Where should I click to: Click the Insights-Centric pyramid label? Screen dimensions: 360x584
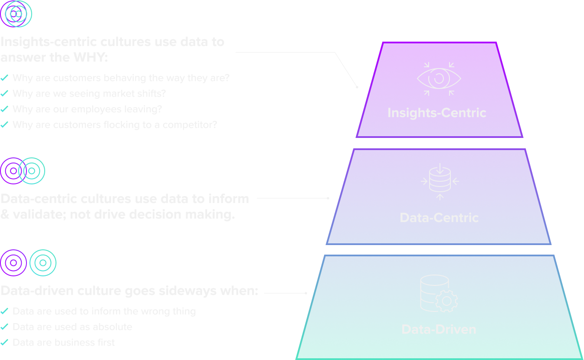pyautogui.click(x=437, y=113)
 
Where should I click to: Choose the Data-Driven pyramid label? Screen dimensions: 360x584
pyautogui.click(x=439, y=329)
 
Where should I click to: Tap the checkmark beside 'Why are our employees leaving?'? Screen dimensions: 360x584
pyautogui.click(x=4, y=109)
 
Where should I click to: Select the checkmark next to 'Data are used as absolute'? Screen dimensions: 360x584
pyautogui.click(x=4, y=327)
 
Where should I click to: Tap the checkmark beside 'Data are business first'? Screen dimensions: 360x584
pyautogui.click(x=4, y=343)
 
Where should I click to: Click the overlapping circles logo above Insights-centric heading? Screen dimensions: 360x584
pyautogui.click(x=16, y=14)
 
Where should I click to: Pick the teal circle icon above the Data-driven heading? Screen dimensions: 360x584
pyautogui.click(x=43, y=263)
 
